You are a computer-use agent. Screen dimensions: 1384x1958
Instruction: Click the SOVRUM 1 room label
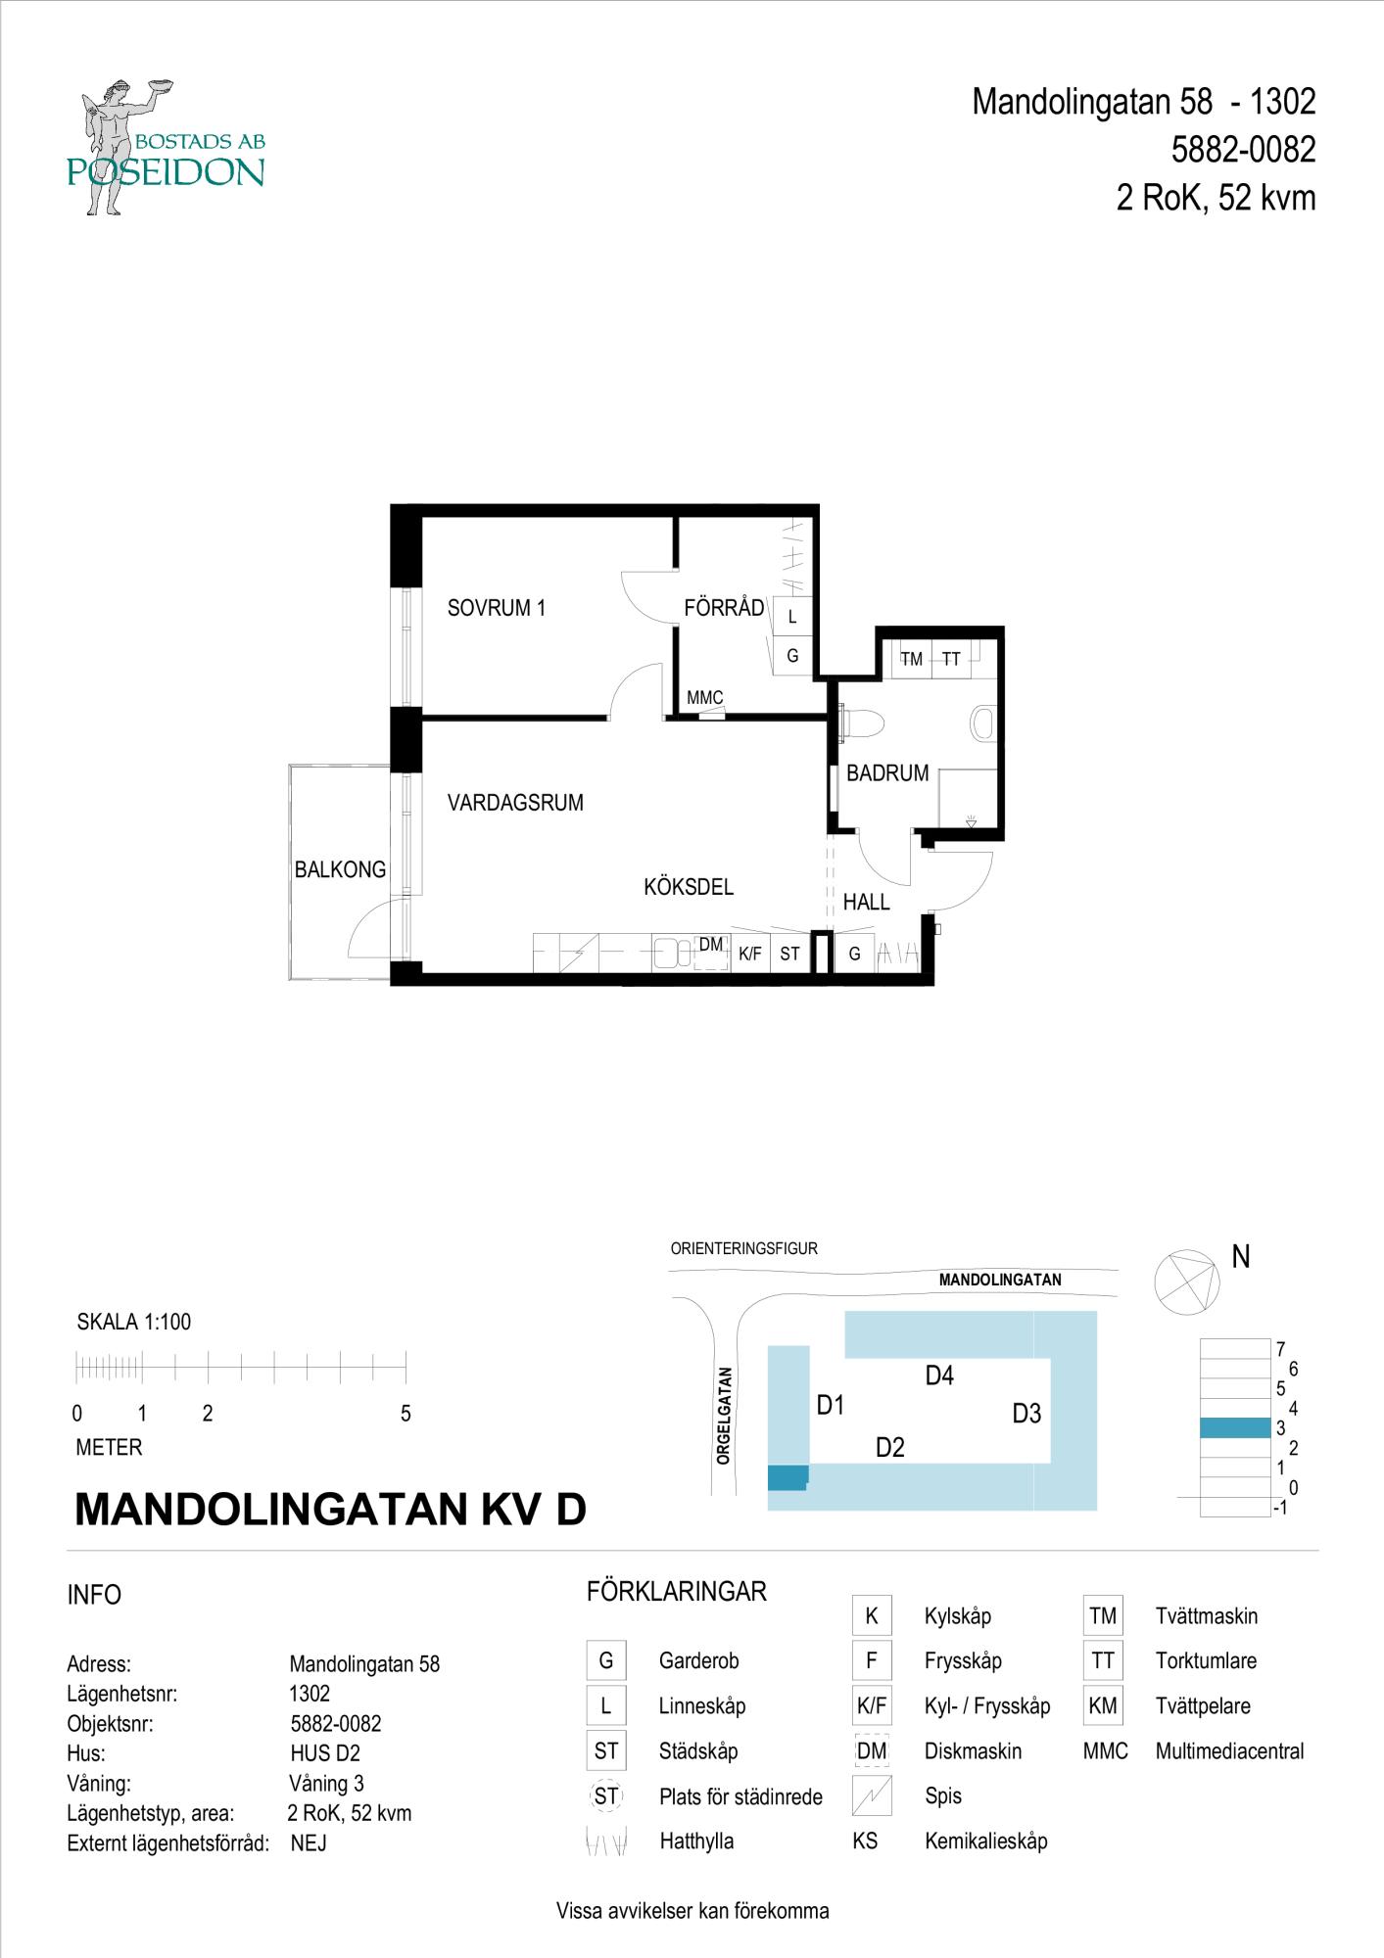click(496, 608)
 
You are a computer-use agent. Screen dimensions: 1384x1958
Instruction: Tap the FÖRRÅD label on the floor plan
click(724, 608)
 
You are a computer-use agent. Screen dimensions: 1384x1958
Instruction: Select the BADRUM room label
click(887, 773)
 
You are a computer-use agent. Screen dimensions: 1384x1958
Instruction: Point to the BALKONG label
click(340, 869)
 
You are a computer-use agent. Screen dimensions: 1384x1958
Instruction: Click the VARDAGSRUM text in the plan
click(515, 803)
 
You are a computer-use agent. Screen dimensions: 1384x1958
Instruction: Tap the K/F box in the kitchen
click(750, 953)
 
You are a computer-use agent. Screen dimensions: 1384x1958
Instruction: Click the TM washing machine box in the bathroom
click(911, 659)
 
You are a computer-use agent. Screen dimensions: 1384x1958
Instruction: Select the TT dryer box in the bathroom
click(951, 659)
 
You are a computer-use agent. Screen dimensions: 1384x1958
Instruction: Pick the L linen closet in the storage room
click(792, 617)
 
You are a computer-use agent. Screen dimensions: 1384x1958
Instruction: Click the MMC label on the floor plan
click(704, 698)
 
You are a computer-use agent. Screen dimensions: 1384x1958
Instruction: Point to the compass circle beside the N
click(1185, 1282)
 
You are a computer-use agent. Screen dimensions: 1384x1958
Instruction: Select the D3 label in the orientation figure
click(1026, 1413)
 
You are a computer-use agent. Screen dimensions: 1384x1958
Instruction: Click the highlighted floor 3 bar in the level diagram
click(1235, 1428)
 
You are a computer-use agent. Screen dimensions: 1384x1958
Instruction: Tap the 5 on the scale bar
click(406, 1414)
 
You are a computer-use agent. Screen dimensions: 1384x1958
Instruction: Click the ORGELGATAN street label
click(724, 1416)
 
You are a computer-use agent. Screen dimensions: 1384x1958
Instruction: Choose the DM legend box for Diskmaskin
click(872, 1751)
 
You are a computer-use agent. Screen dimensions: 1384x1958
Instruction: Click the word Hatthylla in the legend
click(696, 1841)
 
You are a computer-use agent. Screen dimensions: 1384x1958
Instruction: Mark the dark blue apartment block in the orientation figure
click(788, 1477)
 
